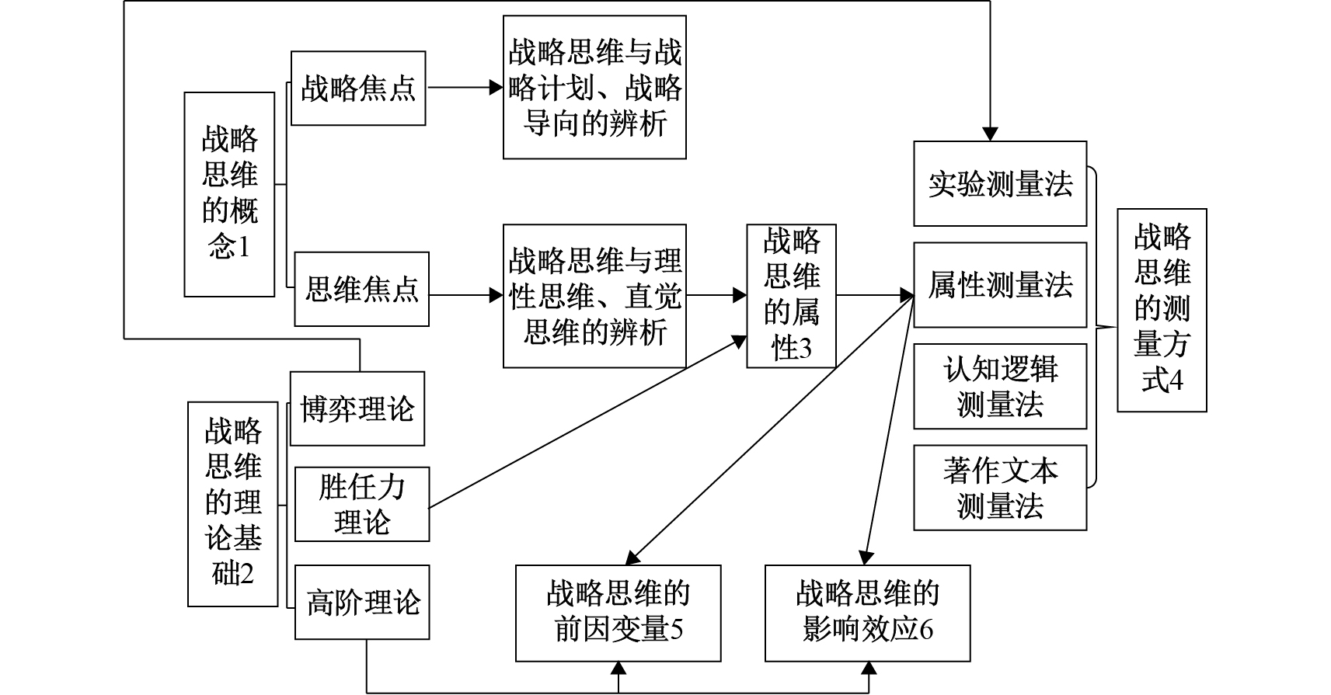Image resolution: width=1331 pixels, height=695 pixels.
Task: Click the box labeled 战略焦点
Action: (x=358, y=89)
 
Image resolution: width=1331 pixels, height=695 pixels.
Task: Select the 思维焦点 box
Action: (x=361, y=289)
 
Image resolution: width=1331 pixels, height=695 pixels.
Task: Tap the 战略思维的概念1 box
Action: (x=229, y=194)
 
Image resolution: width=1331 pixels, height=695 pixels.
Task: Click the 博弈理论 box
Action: (x=357, y=409)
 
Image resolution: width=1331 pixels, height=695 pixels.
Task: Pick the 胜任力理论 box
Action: (x=362, y=505)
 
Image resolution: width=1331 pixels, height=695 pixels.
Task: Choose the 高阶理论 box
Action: (x=362, y=602)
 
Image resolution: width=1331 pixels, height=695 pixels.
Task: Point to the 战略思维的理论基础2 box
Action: (x=232, y=503)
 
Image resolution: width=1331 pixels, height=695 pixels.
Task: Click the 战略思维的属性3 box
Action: (x=791, y=296)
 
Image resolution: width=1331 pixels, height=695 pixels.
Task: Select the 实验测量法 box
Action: (x=1000, y=184)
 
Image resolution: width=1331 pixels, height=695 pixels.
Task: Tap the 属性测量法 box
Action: (x=1000, y=285)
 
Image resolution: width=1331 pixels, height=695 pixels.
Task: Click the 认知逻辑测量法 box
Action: (x=1000, y=387)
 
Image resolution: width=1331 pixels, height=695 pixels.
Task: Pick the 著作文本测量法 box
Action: (x=1000, y=488)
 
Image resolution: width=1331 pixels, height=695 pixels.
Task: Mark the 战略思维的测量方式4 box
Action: (x=1162, y=310)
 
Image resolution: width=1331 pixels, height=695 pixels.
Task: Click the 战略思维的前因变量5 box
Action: (x=618, y=613)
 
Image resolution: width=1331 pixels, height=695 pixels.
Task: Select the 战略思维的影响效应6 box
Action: (x=867, y=613)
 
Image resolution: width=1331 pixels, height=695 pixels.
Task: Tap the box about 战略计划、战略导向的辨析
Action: (x=594, y=88)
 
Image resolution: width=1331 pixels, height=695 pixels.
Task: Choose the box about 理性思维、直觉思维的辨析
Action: (x=594, y=296)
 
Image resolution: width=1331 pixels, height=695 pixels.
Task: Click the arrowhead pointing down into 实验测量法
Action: (x=990, y=134)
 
